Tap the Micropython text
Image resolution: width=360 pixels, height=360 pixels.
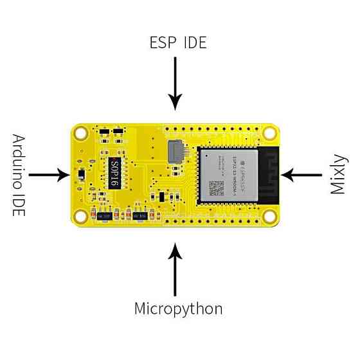coord(178,309)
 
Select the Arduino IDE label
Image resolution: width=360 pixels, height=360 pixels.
coord(19,174)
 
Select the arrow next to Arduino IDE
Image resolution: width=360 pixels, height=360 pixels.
coord(48,174)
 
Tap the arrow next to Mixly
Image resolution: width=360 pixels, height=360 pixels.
coord(302,174)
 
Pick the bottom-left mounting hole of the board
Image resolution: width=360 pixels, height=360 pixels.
coord(82,215)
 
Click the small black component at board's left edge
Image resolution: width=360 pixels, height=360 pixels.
coord(81,174)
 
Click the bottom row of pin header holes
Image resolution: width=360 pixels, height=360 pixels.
coord(212,219)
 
